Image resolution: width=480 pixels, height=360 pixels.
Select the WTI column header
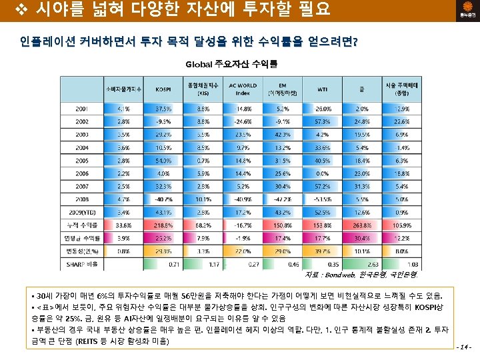(x=323, y=89)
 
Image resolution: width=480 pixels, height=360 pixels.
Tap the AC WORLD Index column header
(x=243, y=89)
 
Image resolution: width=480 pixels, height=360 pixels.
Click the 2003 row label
(x=84, y=134)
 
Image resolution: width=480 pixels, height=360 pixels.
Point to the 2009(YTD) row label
(x=84, y=212)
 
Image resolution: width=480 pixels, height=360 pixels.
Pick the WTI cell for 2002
(x=323, y=121)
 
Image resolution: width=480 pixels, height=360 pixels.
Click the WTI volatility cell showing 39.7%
(x=323, y=251)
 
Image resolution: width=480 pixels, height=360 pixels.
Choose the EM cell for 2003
(x=283, y=134)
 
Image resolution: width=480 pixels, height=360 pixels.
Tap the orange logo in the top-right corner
(x=462, y=11)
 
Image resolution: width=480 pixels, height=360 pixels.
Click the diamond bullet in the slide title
(x=9, y=10)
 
